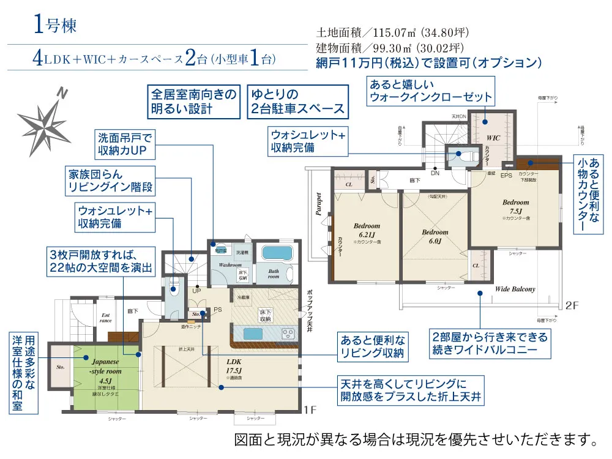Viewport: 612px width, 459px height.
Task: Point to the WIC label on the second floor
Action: coord(493,138)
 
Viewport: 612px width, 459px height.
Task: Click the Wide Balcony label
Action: coord(515,289)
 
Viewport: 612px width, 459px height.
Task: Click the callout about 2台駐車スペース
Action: coord(297,102)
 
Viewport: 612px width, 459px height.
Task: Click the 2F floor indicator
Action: coord(573,304)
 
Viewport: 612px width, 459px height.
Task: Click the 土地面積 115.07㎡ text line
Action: coord(392,33)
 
